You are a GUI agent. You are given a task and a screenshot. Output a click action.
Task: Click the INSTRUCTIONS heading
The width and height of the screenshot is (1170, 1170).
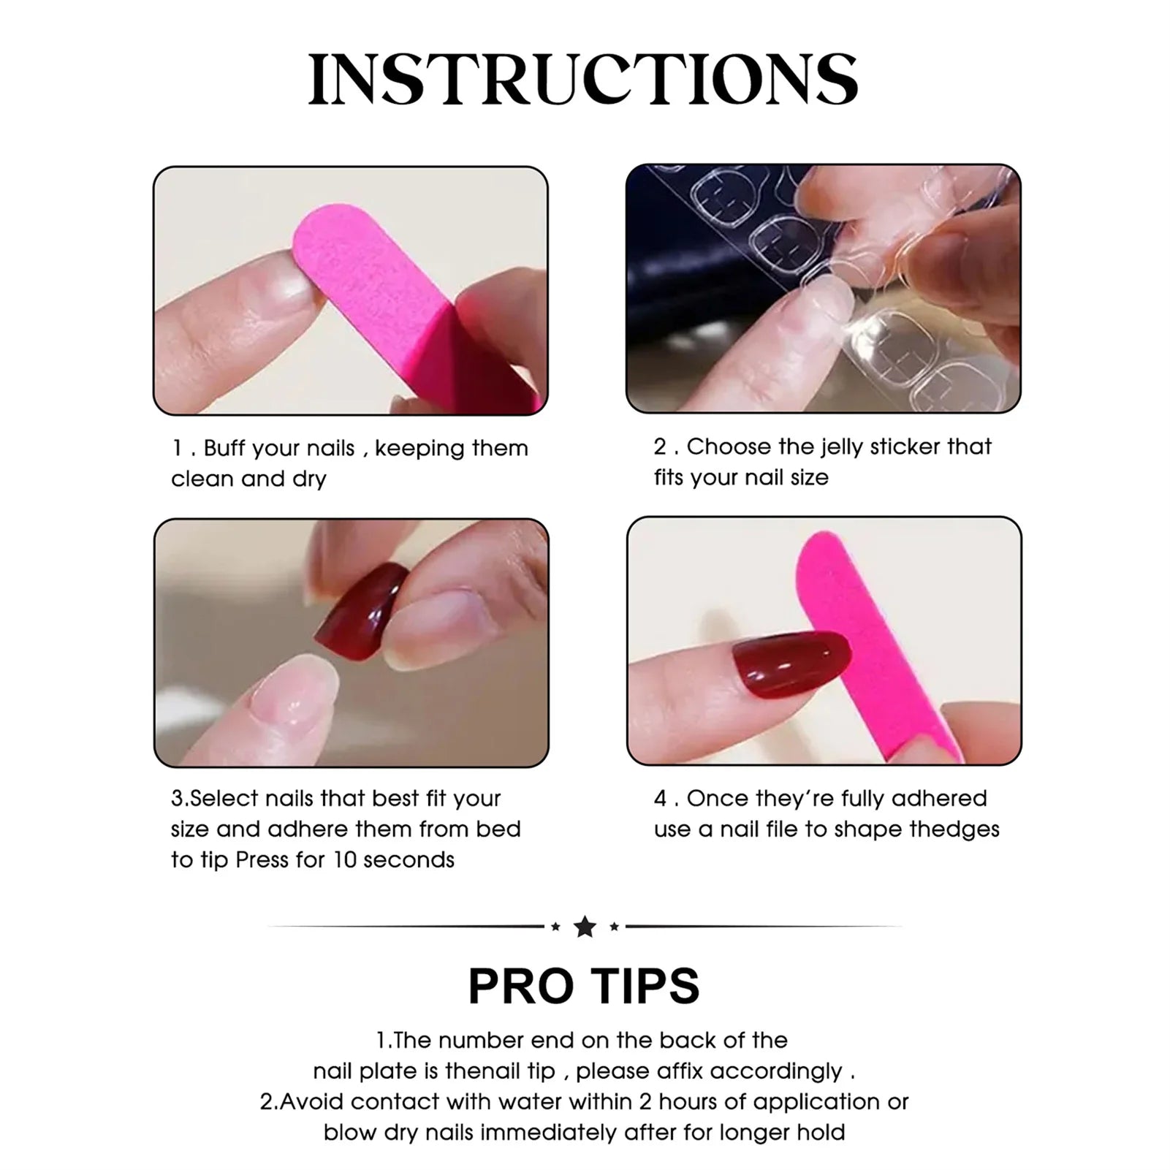(583, 79)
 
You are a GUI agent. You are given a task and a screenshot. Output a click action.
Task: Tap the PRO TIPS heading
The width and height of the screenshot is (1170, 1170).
(583, 986)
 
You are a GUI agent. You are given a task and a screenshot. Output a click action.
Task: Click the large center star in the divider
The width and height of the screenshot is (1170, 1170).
(585, 927)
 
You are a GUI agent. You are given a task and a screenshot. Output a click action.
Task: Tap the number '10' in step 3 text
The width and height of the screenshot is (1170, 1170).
(344, 859)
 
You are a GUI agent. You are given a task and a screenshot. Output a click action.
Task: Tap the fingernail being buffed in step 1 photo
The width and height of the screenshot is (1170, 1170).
(289, 282)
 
